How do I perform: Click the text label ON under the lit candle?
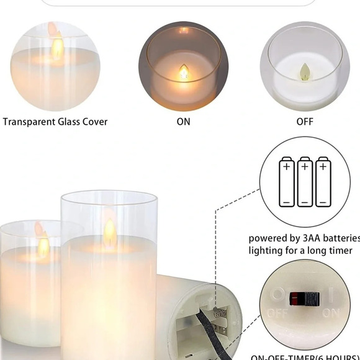tap(183, 122)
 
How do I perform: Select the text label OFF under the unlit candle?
tap(305, 122)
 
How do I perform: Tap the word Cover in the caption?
tap(96, 122)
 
